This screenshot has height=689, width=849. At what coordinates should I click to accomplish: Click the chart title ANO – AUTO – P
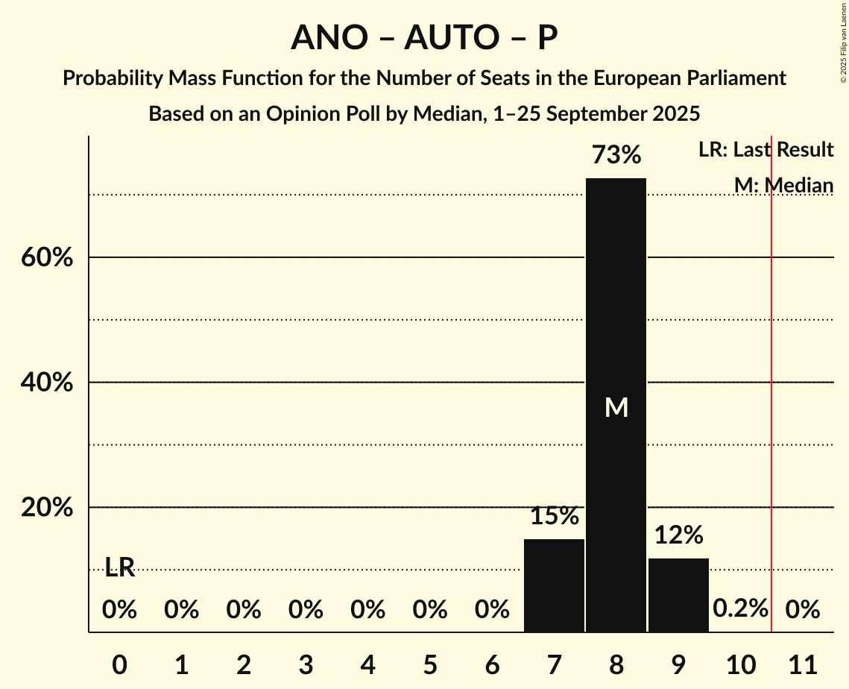pyautogui.click(x=424, y=37)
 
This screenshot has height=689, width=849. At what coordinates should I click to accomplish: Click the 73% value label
pyautogui.click(x=616, y=155)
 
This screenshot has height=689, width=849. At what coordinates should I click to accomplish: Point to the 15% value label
pyautogui.click(x=554, y=516)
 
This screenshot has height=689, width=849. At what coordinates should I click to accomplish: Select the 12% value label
pyautogui.click(x=678, y=535)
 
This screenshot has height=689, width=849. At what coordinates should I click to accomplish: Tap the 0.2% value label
pyautogui.click(x=740, y=608)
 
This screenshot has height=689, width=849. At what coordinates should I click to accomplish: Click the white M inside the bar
pyautogui.click(x=616, y=407)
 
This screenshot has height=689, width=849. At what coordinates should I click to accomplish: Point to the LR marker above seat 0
pyautogui.click(x=119, y=567)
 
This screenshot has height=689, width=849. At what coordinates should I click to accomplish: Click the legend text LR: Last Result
pyautogui.click(x=766, y=150)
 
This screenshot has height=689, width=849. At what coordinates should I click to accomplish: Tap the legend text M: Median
pyautogui.click(x=783, y=185)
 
